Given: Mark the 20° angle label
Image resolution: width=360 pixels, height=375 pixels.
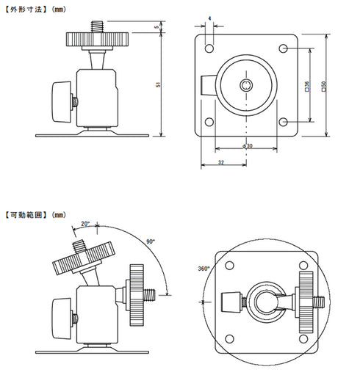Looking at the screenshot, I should [x=84, y=223].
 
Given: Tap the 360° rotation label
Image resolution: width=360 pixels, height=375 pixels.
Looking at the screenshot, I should [x=204, y=268].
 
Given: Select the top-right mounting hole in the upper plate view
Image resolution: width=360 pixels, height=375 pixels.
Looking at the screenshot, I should [x=284, y=48].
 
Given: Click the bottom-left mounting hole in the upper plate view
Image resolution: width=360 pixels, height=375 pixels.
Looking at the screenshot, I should [x=209, y=122].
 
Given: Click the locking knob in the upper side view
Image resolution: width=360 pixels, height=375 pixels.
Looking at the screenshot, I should [x=62, y=95].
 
